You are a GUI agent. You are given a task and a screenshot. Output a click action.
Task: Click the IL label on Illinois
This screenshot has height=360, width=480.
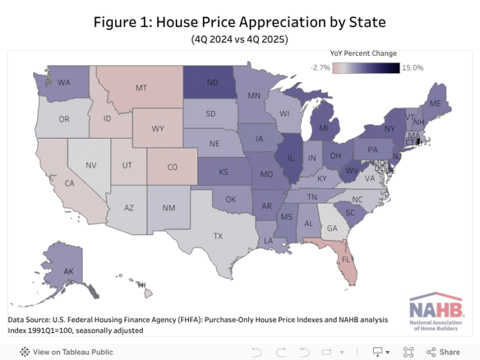(x=290, y=157)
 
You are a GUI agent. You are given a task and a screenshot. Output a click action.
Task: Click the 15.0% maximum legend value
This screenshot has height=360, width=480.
(x=412, y=68)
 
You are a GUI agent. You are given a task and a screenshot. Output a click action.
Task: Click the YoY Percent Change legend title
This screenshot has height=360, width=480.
(x=363, y=53)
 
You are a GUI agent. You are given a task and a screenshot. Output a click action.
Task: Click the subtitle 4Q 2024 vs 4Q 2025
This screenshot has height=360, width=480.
(x=240, y=39)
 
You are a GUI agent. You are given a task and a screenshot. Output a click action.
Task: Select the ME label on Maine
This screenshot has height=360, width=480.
(x=434, y=103)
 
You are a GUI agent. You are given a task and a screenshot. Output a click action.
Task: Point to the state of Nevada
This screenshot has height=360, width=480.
(x=91, y=166)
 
